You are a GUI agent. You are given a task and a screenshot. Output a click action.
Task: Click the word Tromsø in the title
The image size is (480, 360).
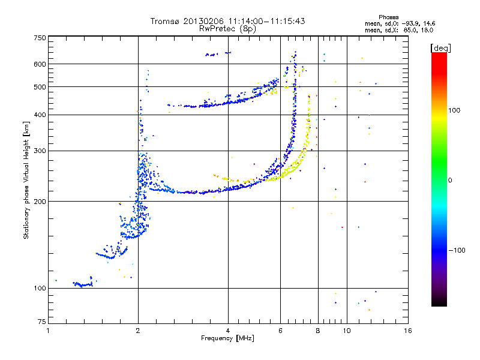click(x=166, y=21)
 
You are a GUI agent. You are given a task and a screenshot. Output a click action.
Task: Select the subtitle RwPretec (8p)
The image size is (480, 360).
click(x=227, y=29)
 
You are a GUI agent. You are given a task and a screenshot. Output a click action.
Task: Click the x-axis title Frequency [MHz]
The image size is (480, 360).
click(x=227, y=338)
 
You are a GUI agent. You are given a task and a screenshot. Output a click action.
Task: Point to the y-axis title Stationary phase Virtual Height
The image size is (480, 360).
click(x=26, y=187)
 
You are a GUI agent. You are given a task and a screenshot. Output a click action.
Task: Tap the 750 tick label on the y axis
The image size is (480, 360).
click(x=40, y=38)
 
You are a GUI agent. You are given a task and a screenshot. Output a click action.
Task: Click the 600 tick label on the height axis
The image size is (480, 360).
click(x=40, y=64)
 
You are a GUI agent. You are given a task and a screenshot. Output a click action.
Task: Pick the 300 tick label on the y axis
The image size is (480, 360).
click(x=40, y=151)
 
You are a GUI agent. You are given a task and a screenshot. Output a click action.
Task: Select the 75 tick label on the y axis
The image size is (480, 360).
click(x=41, y=322)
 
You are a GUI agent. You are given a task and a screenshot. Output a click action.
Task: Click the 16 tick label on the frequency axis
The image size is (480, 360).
click(x=408, y=331)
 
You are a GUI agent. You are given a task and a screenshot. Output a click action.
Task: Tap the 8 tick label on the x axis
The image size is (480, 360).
click(x=318, y=331)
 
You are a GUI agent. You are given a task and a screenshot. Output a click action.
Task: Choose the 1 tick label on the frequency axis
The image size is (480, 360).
click(x=48, y=331)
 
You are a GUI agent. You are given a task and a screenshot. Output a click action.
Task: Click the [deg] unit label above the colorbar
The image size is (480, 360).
click(x=440, y=48)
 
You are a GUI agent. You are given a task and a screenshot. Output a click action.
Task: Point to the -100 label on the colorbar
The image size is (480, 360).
click(x=457, y=250)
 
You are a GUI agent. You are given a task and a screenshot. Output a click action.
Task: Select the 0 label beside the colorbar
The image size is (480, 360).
click(x=450, y=180)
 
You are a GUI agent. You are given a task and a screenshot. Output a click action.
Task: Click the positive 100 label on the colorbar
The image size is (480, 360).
click(x=454, y=110)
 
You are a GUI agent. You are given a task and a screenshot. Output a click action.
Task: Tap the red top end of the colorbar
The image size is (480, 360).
click(x=439, y=55)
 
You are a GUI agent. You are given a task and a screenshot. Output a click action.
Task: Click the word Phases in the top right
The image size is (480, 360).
click(x=388, y=17)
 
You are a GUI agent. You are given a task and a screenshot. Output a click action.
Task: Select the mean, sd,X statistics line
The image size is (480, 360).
click(x=399, y=30)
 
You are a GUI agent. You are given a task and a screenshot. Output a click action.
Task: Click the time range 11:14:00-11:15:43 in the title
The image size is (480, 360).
click(x=266, y=21)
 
